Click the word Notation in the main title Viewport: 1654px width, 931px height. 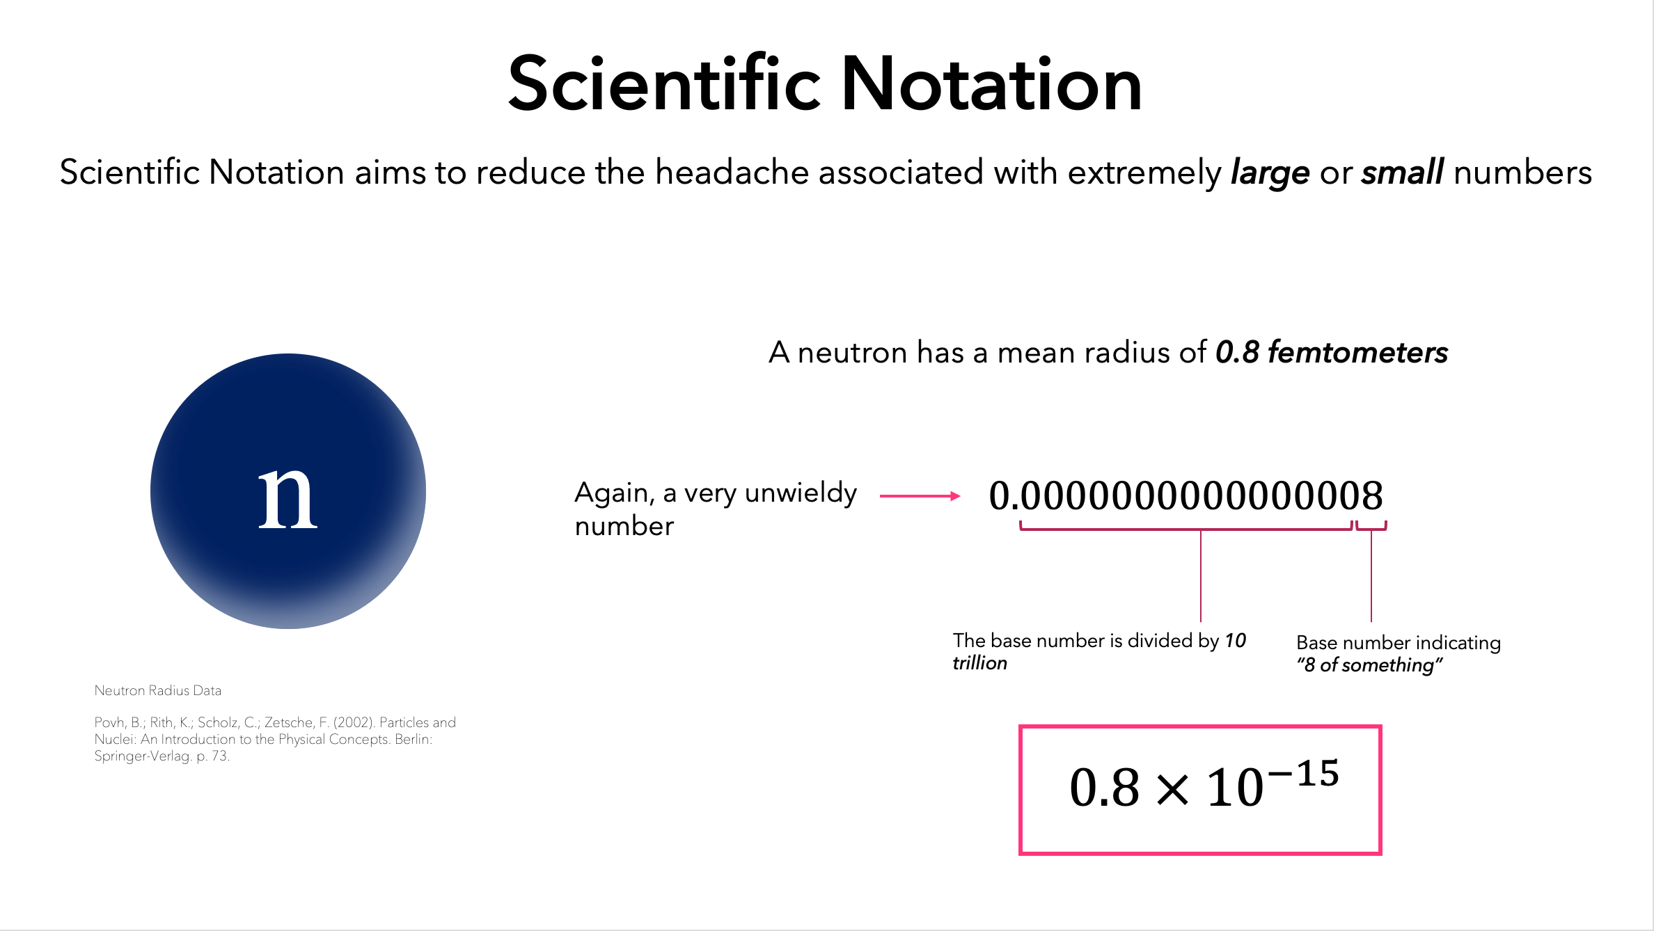coord(992,84)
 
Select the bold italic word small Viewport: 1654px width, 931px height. coord(1402,172)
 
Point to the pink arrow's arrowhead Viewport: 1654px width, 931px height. coord(956,496)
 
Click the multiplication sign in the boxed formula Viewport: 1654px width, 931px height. coord(1173,790)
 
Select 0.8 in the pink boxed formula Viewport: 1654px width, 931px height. coord(1105,788)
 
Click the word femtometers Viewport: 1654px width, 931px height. coord(1357,353)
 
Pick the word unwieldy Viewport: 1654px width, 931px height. coord(801,494)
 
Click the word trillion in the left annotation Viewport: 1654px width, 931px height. coord(979,663)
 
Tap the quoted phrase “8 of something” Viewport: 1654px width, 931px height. coord(1369,665)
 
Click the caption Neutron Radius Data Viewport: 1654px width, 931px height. coord(158,690)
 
